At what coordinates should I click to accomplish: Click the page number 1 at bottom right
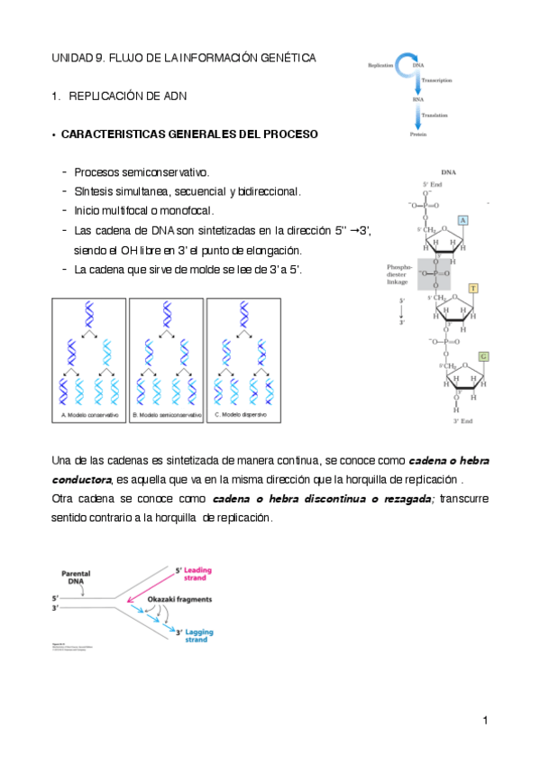[x=484, y=720]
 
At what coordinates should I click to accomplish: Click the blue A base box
[x=462, y=220]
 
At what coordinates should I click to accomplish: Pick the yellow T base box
[x=472, y=288]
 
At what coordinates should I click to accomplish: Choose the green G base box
[x=482, y=355]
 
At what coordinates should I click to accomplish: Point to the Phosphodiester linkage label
[x=399, y=274]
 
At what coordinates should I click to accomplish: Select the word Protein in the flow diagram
[x=418, y=134]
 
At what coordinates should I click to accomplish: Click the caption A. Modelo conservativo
[x=90, y=414]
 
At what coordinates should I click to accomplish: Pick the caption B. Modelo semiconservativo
[x=167, y=414]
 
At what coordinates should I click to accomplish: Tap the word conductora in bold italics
[x=81, y=478]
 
